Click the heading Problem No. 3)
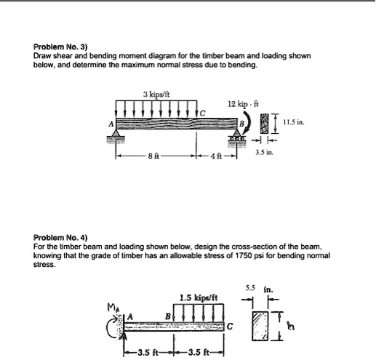click(60, 45)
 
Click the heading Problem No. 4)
click(60, 238)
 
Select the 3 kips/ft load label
click(157, 92)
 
